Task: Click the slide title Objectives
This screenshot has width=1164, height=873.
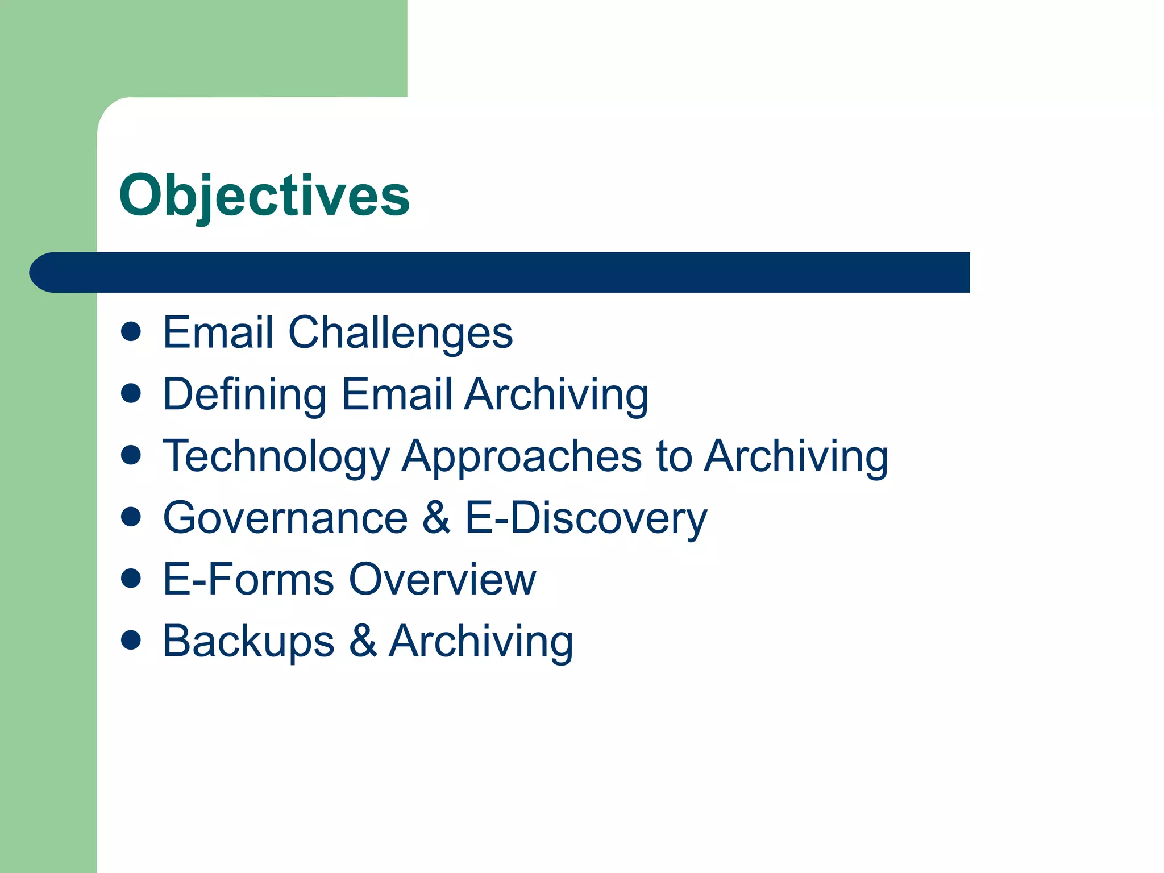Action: point(264,196)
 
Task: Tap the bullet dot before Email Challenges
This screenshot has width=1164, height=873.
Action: point(131,332)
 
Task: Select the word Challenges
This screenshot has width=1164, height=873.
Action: point(400,333)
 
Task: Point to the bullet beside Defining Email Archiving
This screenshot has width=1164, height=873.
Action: point(131,393)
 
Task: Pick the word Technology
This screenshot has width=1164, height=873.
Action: point(276,457)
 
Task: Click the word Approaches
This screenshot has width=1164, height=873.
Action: point(522,457)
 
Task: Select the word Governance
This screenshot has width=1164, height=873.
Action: point(285,518)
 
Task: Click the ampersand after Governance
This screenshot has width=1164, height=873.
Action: point(436,518)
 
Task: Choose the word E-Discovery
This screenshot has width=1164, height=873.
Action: point(586,518)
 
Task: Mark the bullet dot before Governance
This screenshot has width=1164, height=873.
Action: point(131,517)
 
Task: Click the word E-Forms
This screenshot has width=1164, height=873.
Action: point(248,579)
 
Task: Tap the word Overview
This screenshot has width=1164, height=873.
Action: point(442,579)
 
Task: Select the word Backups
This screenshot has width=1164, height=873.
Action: point(248,642)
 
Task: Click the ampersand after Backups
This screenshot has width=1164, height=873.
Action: point(363,641)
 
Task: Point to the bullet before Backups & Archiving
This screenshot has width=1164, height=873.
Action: point(131,640)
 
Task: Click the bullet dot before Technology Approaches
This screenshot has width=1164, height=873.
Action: point(131,455)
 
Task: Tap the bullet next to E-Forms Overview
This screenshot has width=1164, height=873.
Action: point(131,579)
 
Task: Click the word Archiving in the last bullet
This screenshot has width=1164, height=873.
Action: point(481,642)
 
